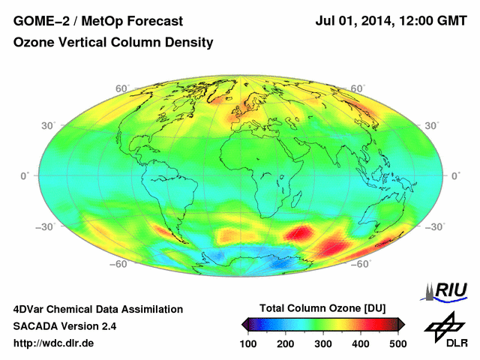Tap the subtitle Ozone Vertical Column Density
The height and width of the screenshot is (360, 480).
click(113, 43)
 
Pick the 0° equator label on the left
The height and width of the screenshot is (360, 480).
click(25, 175)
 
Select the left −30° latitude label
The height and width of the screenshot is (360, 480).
click(46, 226)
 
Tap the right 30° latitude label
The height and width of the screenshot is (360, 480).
click(432, 125)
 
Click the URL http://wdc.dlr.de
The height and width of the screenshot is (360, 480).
click(54, 344)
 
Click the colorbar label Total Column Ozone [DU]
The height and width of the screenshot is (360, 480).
click(322, 308)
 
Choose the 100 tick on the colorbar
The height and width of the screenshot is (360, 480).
click(249, 343)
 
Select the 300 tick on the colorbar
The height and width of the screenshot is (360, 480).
click(323, 343)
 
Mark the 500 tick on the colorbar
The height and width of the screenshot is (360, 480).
click(397, 343)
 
